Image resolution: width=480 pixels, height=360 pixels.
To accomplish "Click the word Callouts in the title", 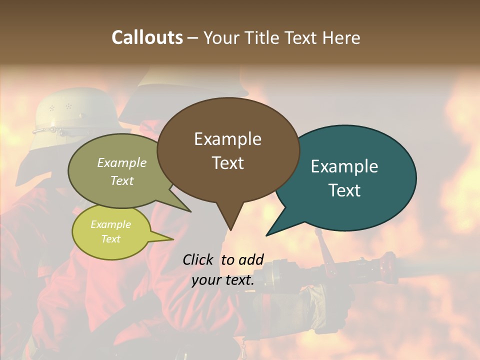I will pos(147,37).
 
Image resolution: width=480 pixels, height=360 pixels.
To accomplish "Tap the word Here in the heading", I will pos(342,37).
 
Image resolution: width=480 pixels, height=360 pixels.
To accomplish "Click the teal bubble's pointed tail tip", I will pos(266,235).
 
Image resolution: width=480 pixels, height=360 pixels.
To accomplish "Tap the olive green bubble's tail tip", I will pos(190,211).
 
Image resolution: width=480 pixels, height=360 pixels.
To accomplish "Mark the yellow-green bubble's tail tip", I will pos(173,239).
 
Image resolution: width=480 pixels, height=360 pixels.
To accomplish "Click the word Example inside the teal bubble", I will pos(344,166).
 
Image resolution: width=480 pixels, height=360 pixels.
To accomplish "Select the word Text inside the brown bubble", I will pos(228,163).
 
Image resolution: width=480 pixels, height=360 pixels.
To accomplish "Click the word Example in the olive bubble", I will pos(122,162).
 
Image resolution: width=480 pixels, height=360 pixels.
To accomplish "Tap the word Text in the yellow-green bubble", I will pos(111,239).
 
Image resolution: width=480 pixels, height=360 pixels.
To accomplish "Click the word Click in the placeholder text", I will pos(198,259).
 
